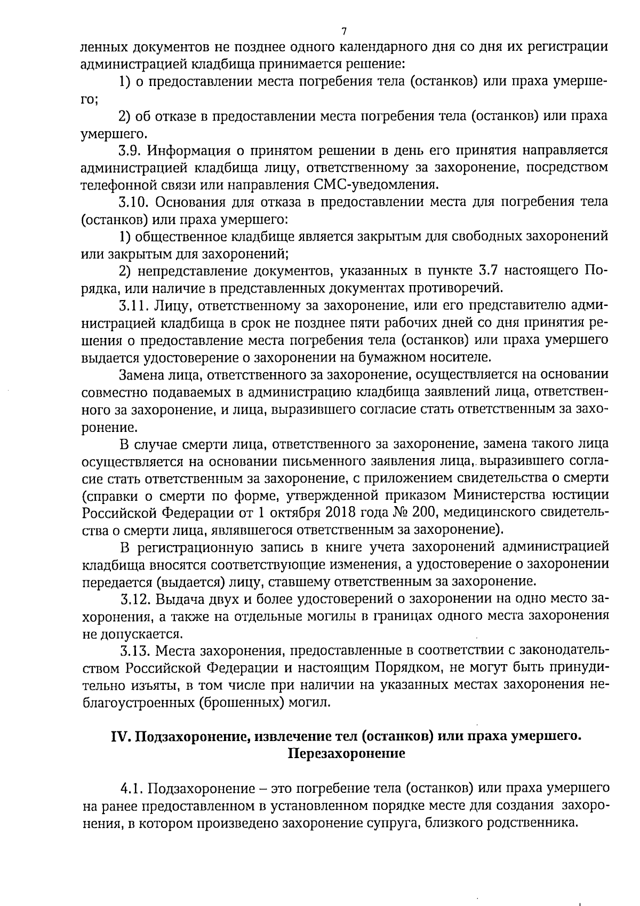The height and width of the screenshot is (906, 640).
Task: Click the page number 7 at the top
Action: pos(344,30)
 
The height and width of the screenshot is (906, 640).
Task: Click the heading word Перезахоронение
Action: pos(346,754)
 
